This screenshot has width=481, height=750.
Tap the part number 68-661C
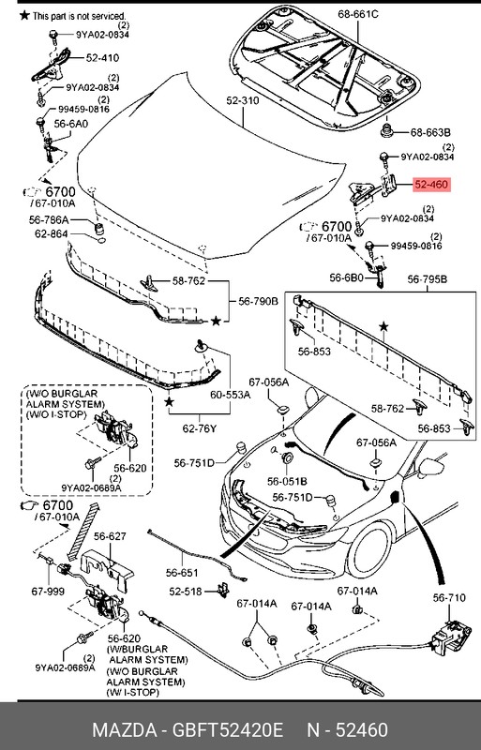tap(357, 14)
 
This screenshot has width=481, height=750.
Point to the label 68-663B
tap(432, 131)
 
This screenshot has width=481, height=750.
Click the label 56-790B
tap(257, 301)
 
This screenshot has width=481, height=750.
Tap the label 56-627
tap(110, 536)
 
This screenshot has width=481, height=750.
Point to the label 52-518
tap(186, 592)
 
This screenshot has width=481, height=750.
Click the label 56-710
tap(448, 597)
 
